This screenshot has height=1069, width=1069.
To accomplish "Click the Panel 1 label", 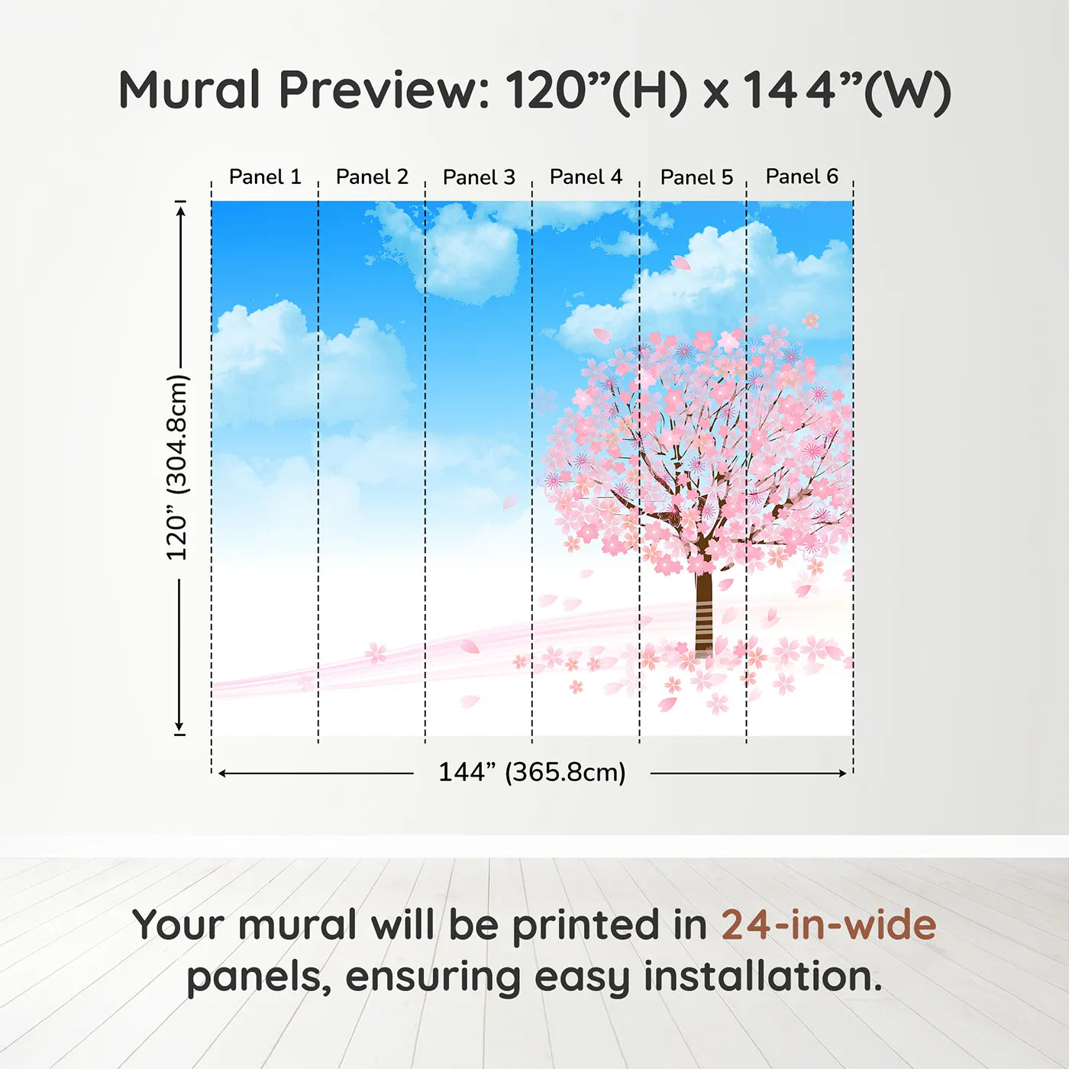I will pyautogui.click(x=265, y=177).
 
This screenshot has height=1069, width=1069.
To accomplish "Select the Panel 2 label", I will pyautogui.click(x=372, y=177).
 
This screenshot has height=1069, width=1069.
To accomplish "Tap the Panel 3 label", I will pyautogui.click(x=479, y=177).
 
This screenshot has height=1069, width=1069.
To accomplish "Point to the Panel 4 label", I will pyautogui.click(x=586, y=177).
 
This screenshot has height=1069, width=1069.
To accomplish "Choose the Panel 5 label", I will pyautogui.click(x=696, y=177).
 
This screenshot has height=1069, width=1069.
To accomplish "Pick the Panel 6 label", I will pyautogui.click(x=802, y=176).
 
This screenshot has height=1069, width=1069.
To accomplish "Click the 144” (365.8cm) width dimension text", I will pyautogui.click(x=531, y=772).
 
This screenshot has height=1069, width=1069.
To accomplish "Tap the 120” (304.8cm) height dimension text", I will pyautogui.click(x=177, y=467).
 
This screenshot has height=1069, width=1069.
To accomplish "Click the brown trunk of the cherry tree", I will pyautogui.click(x=703, y=611).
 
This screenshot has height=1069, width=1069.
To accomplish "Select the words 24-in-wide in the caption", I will pyautogui.click(x=828, y=925).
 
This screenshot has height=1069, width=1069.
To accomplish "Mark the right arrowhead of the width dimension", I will pyautogui.click(x=843, y=773).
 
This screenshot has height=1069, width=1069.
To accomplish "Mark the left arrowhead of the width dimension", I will pyautogui.click(x=222, y=773).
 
